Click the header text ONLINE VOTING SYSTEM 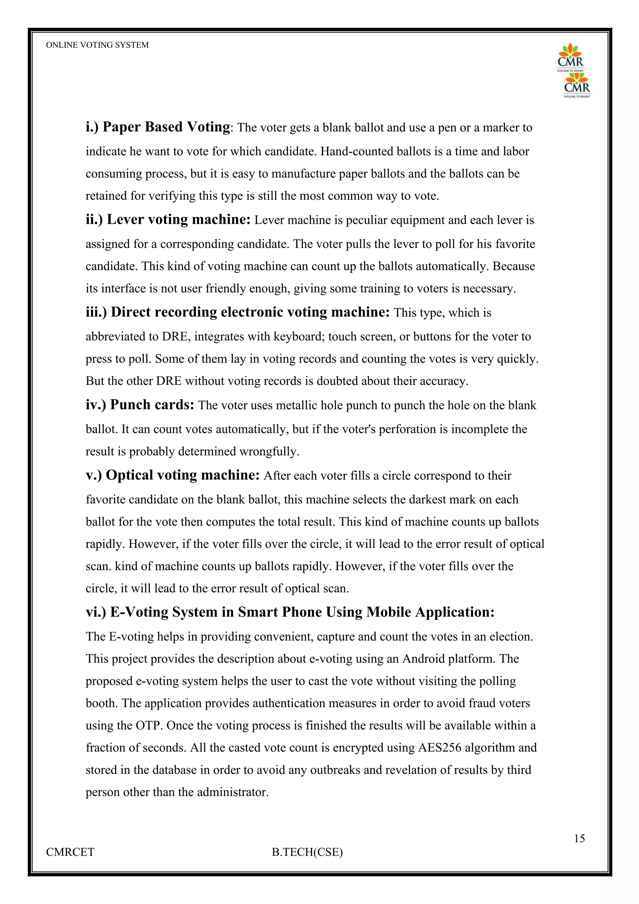[x=97, y=45]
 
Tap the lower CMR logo [x=577, y=85]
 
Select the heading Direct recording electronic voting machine [x=238, y=312]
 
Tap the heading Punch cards [x=140, y=404]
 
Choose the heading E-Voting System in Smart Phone [x=290, y=612]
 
